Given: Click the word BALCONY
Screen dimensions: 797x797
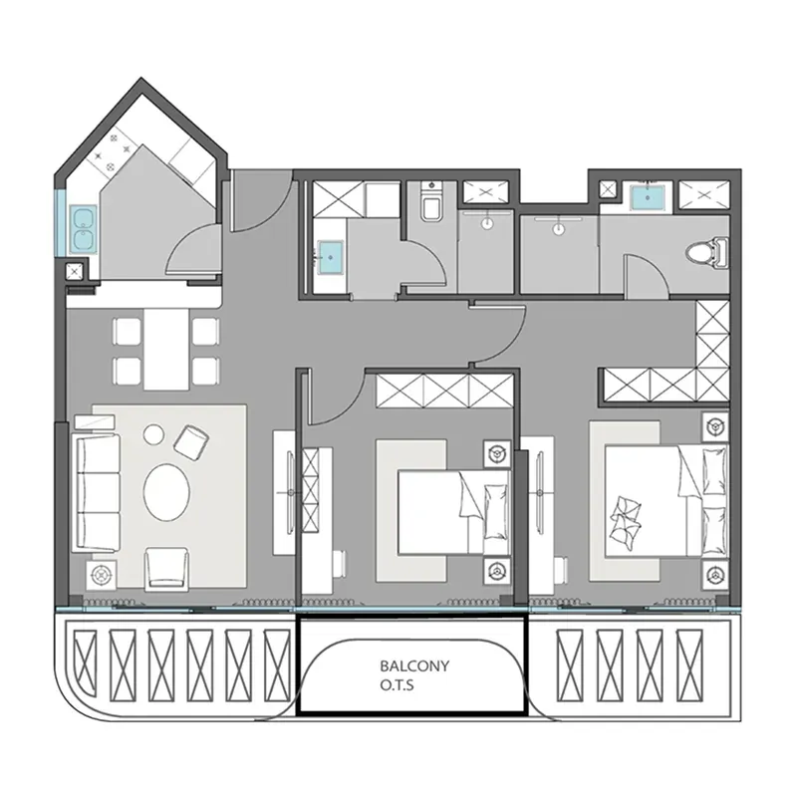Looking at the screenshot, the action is [414, 665].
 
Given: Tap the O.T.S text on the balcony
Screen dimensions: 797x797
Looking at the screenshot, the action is [397, 685].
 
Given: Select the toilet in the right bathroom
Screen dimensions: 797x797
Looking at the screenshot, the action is [707, 252].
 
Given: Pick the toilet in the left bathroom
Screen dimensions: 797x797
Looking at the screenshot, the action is [432, 202].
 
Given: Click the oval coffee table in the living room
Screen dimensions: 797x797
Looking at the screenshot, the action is [166, 491].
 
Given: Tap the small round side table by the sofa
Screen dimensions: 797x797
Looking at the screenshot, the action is [153, 434].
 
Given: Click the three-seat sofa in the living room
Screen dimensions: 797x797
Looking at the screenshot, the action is [97, 492].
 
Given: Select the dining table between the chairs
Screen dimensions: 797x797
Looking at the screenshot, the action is [166, 349].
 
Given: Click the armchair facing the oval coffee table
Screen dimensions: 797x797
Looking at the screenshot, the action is [166, 569].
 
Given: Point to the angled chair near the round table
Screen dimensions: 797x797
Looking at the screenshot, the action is [191, 440].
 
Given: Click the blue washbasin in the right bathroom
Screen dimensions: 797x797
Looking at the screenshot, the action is [647, 197].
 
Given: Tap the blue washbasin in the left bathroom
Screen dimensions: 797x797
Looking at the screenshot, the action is [331, 258].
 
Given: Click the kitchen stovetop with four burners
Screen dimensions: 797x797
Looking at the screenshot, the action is [113, 150].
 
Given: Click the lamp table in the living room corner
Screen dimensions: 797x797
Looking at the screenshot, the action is [102, 576].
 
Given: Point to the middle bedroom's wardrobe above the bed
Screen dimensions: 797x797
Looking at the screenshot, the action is [444, 391].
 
